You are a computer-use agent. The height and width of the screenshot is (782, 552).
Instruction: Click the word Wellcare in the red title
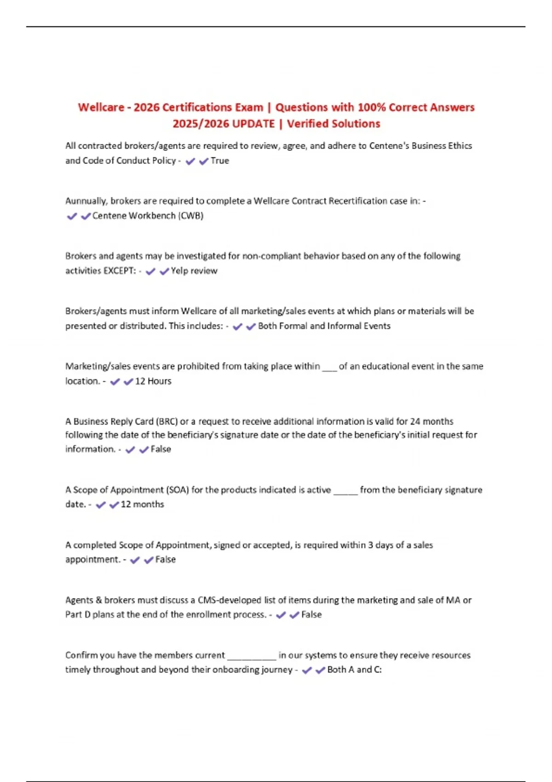click(x=101, y=107)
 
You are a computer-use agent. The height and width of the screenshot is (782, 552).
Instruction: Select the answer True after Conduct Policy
click(x=219, y=161)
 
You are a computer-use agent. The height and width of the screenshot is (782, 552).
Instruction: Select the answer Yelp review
click(x=194, y=271)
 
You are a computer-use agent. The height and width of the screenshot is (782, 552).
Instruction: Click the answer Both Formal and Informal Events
click(x=324, y=326)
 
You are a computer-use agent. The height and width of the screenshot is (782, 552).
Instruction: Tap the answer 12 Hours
click(x=153, y=381)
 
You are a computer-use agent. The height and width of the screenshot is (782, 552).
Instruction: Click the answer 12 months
click(x=142, y=505)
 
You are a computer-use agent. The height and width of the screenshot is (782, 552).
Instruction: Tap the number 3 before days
click(x=370, y=545)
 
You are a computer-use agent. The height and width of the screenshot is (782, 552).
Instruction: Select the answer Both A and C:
click(x=354, y=670)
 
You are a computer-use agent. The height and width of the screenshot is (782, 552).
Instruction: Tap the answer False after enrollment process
click(x=311, y=615)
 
